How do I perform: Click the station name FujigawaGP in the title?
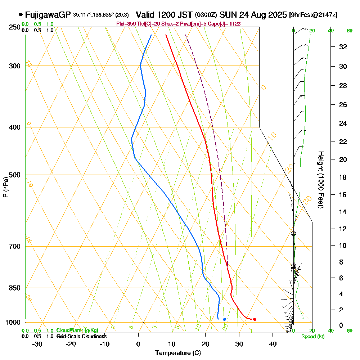[x=48, y=15]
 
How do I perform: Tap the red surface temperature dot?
[x=255, y=319]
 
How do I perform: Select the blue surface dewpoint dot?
[x=224, y=319]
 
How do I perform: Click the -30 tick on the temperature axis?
[x=37, y=344]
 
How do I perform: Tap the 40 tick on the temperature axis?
[x=273, y=344]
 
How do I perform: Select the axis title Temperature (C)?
[x=178, y=353]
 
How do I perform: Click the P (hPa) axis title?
[x=5, y=187]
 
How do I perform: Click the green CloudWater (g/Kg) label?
[x=77, y=330]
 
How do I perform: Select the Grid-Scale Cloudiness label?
[x=81, y=336]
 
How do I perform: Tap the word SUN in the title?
[x=228, y=15]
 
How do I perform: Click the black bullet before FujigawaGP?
[x=21, y=15]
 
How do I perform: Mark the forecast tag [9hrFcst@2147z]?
[x=313, y=15]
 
